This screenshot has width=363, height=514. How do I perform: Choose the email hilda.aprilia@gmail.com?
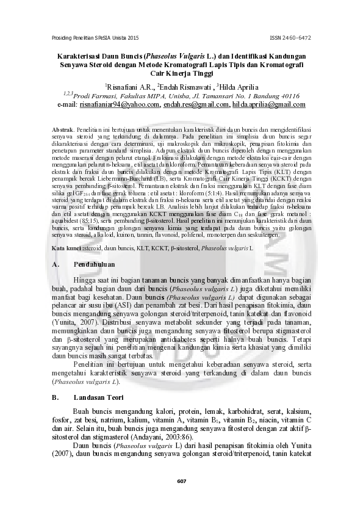269,105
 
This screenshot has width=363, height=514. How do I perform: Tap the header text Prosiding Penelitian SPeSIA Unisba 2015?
96,38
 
